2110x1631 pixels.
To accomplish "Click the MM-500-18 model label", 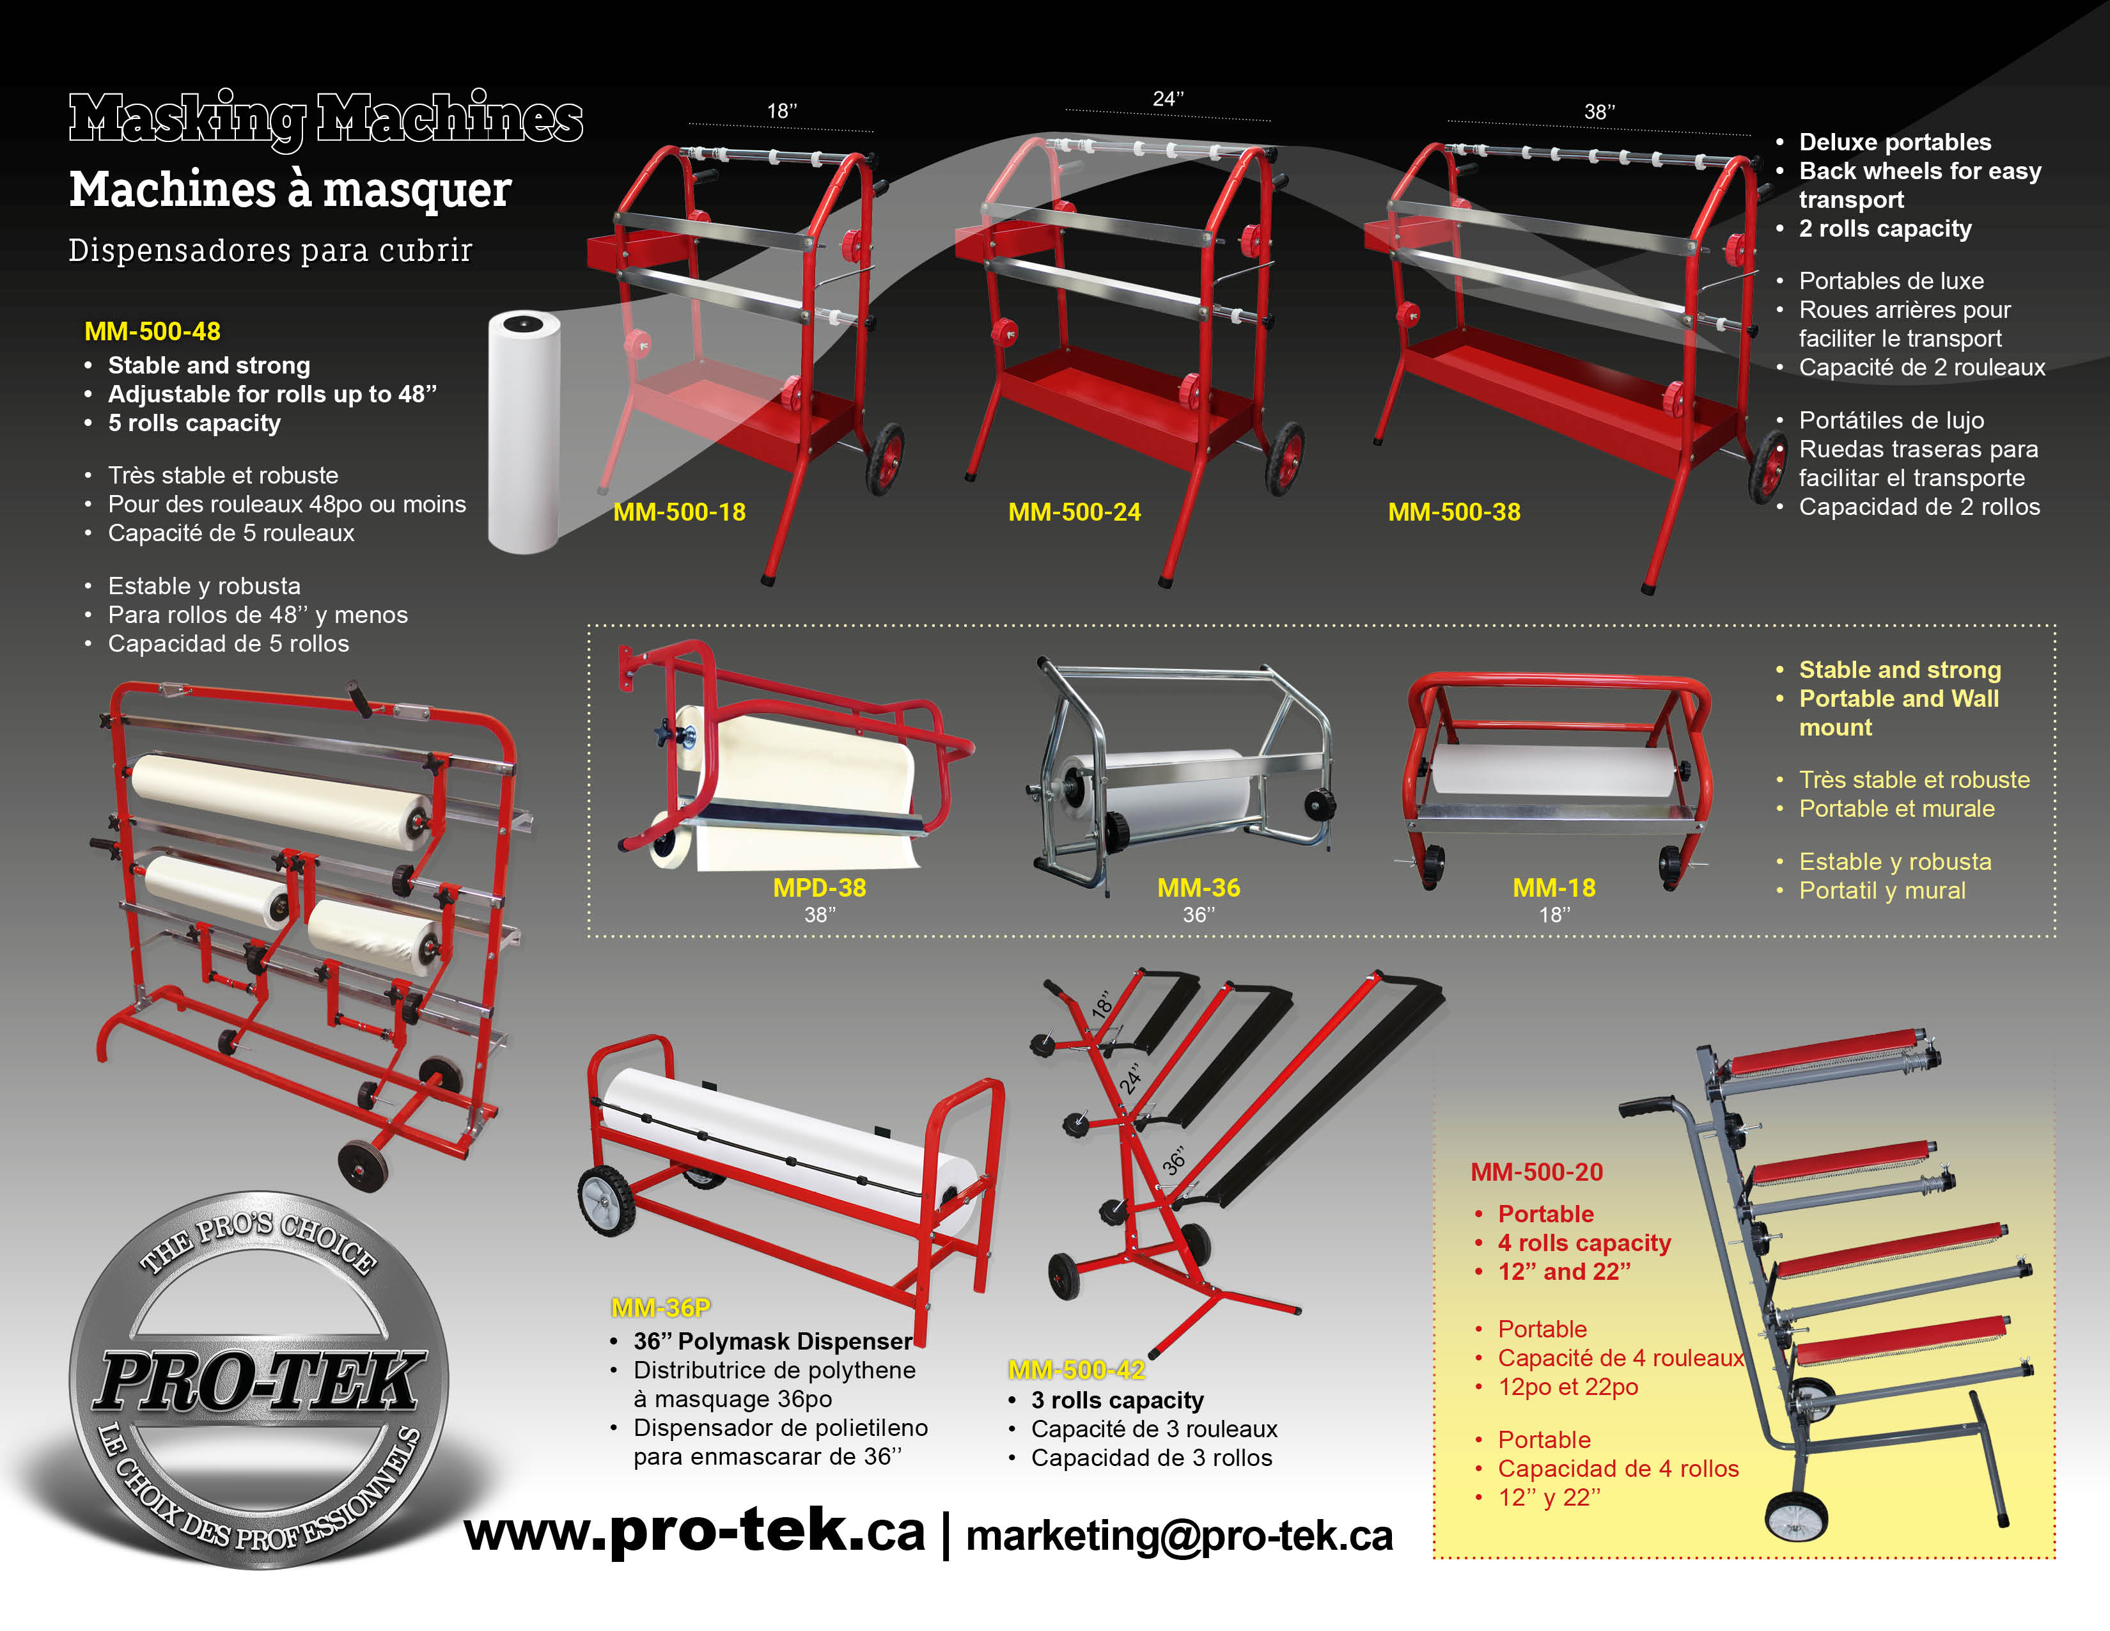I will (x=679, y=512).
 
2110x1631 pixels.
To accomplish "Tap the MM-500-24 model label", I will (x=1074, y=512).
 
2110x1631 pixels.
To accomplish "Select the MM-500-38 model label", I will (x=1454, y=512).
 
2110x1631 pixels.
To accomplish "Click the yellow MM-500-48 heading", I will (x=153, y=331).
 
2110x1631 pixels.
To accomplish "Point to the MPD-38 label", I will (x=819, y=888).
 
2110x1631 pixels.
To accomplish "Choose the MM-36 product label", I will (x=1198, y=888).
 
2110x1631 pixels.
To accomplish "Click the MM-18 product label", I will (x=1554, y=888).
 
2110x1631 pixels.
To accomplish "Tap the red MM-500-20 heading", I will (x=1536, y=1172).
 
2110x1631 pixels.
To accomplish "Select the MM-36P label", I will (x=661, y=1308).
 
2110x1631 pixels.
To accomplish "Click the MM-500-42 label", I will (x=1076, y=1370).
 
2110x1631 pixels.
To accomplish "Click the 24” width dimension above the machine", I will (x=1168, y=98).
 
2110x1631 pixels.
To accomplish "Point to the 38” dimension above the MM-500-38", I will (x=1599, y=112).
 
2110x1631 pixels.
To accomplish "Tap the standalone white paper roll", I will (x=524, y=432).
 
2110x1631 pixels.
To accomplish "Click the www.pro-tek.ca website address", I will (x=694, y=1533).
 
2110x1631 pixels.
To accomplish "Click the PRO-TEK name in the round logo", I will (x=259, y=1382).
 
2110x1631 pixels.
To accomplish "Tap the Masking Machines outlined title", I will (x=325, y=119).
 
